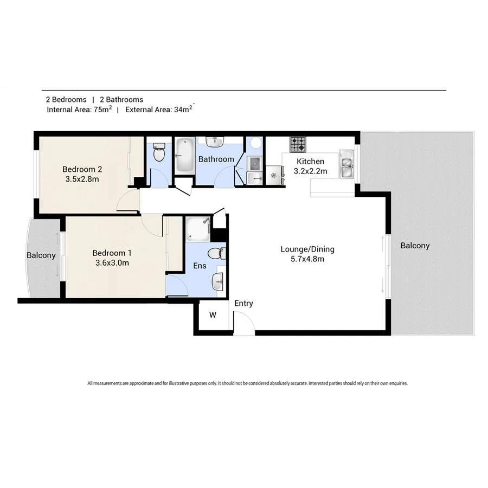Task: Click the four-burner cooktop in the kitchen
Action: (x=298, y=145)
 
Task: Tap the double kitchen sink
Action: (x=346, y=164)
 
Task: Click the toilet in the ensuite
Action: (x=217, y=253)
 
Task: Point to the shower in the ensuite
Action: (x=197, y=229)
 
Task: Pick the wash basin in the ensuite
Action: (x=218, y=280)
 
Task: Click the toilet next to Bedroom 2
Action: (x=159, y=153)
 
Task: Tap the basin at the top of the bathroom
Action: (x=216, y=142)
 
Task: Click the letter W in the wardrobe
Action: (x=213, y=315)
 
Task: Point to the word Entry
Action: (x=243, y=303)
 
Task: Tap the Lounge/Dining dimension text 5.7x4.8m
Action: (x=307, y=259)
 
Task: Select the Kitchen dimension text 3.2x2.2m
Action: (x=310, y=171)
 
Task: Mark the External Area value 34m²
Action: (x=184, y=109)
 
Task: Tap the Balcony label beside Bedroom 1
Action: (x=41, y=255)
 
